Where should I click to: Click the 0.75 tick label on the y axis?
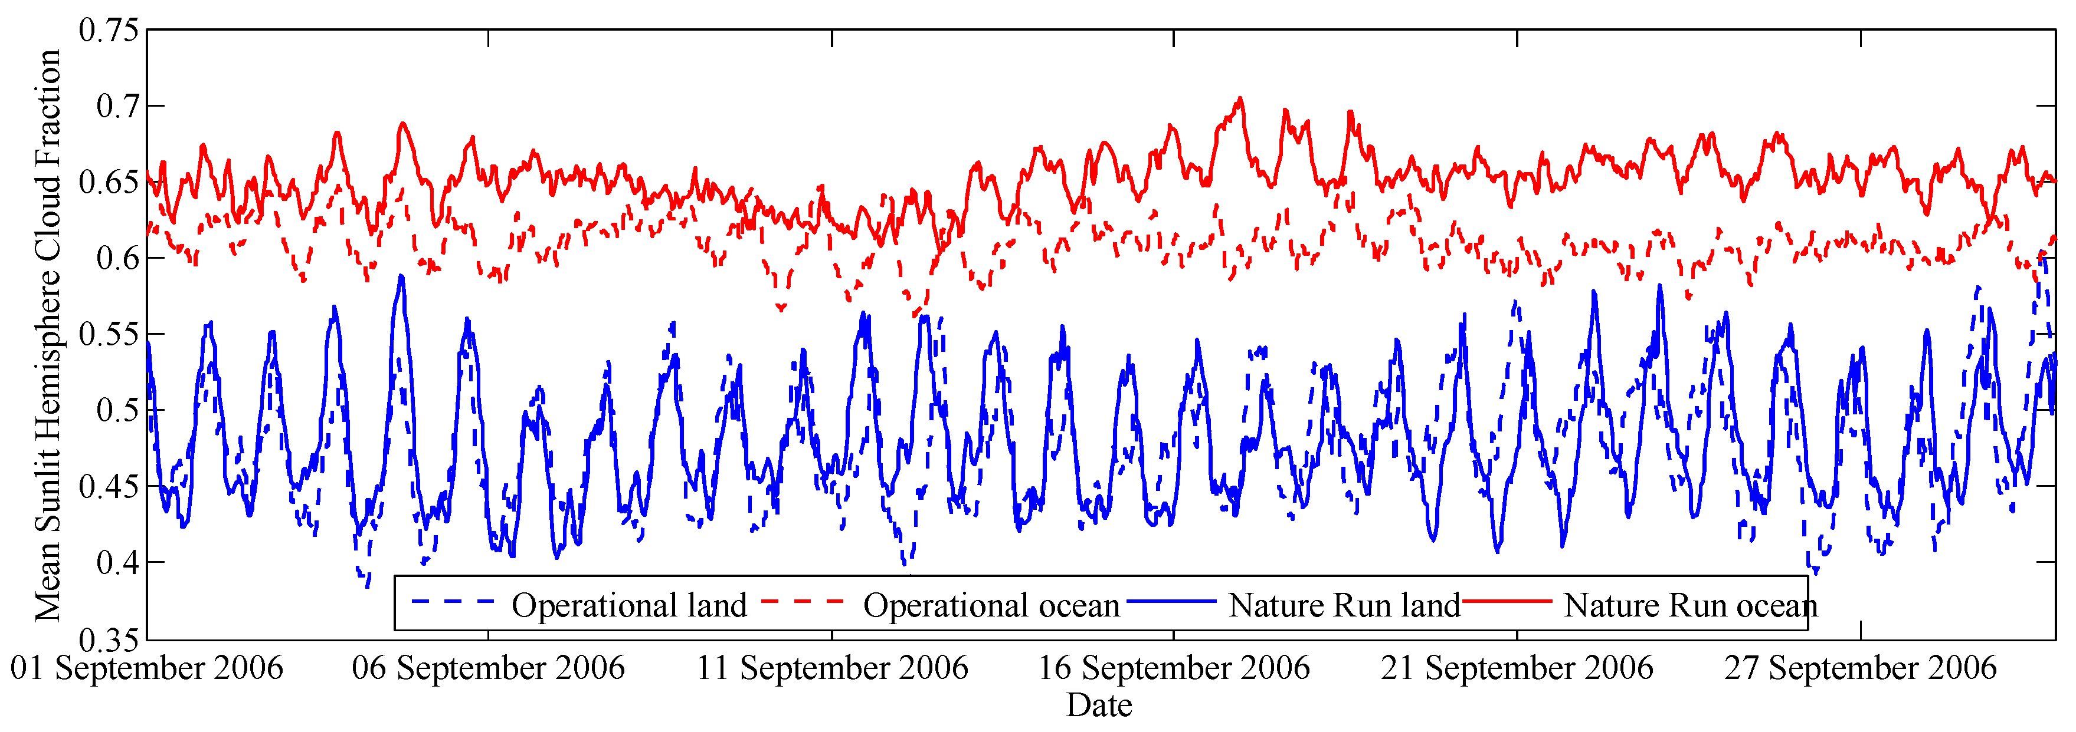coord(109,31)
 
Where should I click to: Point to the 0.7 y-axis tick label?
coord(117,106)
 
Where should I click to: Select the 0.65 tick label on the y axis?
coord(109,182)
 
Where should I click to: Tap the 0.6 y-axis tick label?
coord(117,258)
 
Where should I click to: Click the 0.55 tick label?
coord(109,334)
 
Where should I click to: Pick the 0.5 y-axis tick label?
coord(117,409)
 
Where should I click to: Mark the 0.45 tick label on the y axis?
coord(109,486)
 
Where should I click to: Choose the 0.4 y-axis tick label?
coord(117,561)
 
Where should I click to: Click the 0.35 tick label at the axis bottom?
coord(109,639)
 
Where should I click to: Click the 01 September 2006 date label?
coord(147,668)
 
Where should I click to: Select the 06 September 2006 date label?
coord(489,668)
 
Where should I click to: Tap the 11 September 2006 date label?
coord(831,668)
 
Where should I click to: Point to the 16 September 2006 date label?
coord(1173,668)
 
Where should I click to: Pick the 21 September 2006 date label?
coord(1517,668)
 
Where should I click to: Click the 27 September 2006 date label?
coord(1860,668)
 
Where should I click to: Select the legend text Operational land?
coord(628,605)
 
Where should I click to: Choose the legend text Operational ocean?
coord(991,605)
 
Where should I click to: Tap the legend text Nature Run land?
coord(1344,605)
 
